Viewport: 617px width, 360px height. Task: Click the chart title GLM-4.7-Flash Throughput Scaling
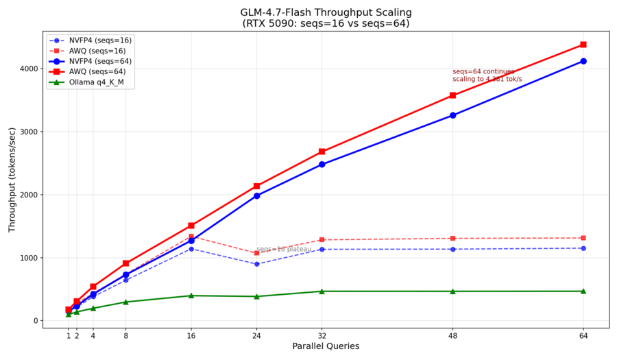point(326,12)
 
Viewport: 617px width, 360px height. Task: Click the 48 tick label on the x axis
point(452,336)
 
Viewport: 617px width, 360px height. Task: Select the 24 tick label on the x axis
point(256,336)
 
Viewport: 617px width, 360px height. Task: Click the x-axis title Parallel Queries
point(326,347)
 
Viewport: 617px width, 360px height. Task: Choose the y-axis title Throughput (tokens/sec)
point(12,179)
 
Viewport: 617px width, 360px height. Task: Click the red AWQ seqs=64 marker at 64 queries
point(583,45)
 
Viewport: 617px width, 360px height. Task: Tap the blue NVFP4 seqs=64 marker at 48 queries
point(452,115)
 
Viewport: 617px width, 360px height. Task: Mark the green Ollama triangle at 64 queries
point(583,291)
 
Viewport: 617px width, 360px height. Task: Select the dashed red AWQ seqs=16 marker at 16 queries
point(191,237)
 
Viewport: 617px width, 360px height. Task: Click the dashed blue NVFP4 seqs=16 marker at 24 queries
point(256,264)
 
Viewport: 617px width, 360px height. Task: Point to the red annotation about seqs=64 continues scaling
point(487,75)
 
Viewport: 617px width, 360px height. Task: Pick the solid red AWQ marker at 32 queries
point(322,152)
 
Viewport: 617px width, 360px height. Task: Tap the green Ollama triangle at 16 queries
point(191,296)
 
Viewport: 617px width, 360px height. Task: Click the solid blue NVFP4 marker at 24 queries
point(256,195)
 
